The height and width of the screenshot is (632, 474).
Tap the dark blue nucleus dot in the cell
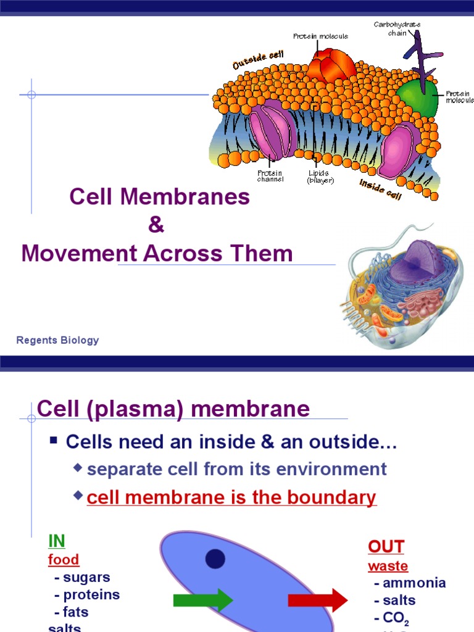click(215, 559)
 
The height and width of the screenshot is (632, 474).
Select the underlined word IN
click(57, 541)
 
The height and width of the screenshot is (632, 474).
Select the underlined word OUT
click(386, 547)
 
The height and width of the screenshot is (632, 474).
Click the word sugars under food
click(86, 578)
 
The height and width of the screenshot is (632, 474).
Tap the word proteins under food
click(91, 595)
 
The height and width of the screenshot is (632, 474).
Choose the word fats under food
click(75, 612)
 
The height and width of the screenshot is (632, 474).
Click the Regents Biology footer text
click(57, 340)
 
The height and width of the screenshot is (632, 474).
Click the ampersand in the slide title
click(156, 225)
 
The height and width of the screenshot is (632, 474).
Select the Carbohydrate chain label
click(397, 28)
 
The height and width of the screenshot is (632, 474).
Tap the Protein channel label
click(270, 177)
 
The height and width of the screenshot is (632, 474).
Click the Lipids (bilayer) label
click(320, 177)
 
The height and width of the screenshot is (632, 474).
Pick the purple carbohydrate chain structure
click(421, 56)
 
